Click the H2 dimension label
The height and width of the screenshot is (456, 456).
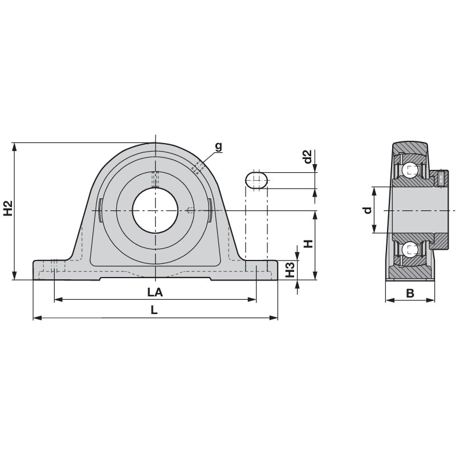click(9, 208)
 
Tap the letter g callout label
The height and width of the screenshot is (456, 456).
click(218, 146)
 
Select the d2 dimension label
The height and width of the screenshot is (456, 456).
click(307, 157)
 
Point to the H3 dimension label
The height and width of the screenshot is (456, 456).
click(290, 270)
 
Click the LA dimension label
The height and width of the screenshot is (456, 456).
click(155, 292)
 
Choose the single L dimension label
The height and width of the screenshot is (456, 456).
click(154, 310)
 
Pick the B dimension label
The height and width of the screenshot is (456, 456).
click(410, 293)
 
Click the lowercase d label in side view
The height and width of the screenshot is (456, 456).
click(368, 210)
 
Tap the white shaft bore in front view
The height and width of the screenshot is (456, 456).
click(155, 210)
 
